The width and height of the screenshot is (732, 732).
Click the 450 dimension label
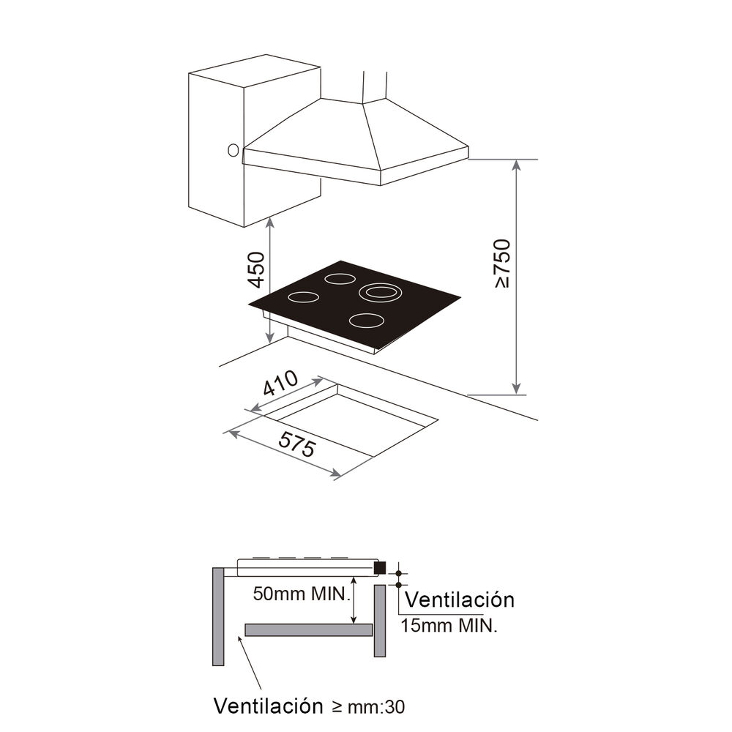(x=255, y=269)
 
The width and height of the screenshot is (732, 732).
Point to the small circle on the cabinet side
(x=233, y=151)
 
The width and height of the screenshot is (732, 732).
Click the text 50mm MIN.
(x=299, y=594)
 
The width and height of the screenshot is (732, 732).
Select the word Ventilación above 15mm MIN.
(x=459, y=600)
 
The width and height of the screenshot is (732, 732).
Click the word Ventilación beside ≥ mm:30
(x=268, y=706)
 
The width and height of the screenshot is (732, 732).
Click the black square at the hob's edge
(x=379, y=567)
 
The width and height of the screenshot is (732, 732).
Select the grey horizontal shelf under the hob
(x=308, y=630)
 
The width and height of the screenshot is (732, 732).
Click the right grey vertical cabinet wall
(x=379, y=621)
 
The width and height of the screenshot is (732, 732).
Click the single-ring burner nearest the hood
(x=340, y=278)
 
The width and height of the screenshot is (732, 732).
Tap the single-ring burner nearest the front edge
(x=366, y=320)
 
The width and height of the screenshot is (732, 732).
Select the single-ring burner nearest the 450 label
(x=303, y=297)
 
